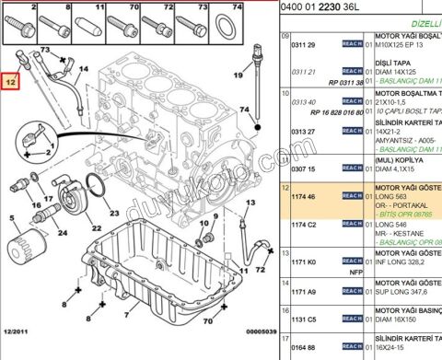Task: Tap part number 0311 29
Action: click(305, 44)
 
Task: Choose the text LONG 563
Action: click(390, 196)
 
